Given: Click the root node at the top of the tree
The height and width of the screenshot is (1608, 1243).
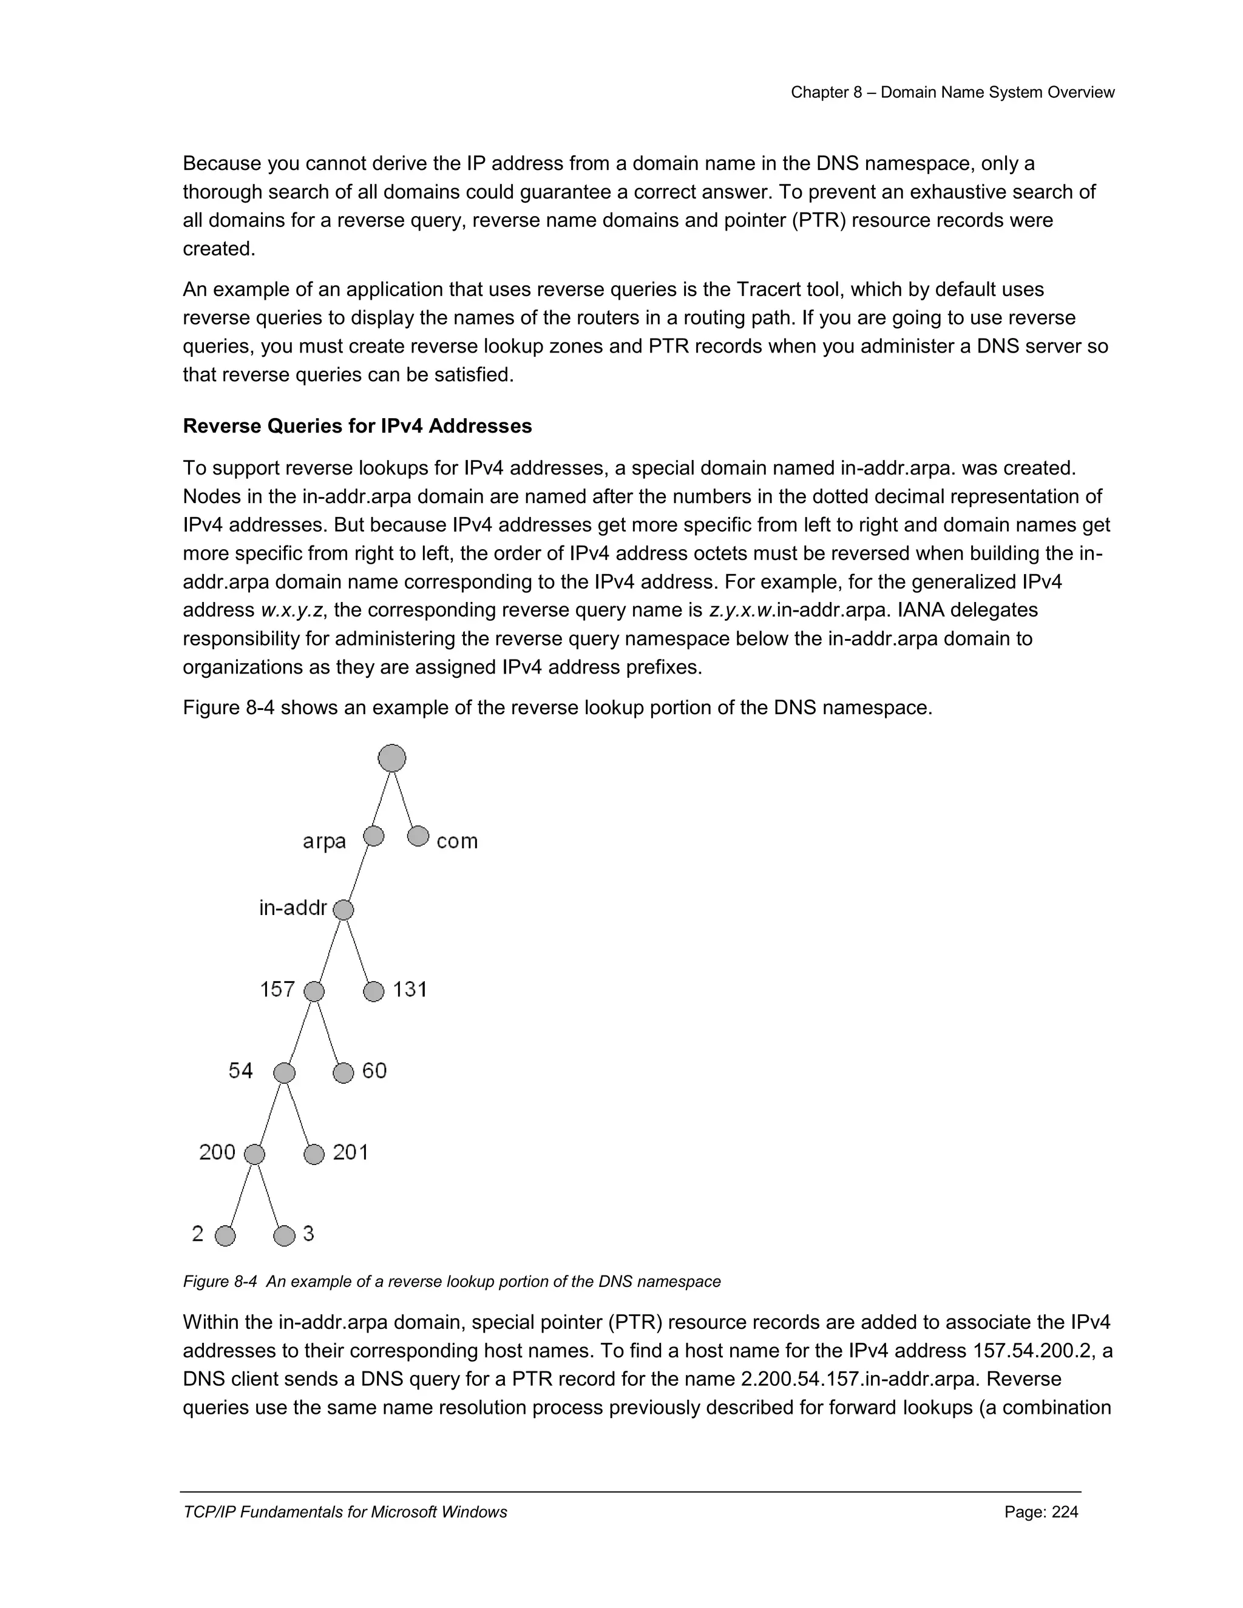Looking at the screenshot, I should click(x=391, y=758).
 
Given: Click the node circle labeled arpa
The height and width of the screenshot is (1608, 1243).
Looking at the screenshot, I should click(x=374, y=836).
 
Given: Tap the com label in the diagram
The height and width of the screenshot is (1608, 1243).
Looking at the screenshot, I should click(x=456, y=841).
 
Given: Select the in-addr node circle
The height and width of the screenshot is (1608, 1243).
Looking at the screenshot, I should click(x=343, y=910).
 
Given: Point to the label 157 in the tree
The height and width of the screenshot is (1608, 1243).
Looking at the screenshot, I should click(x=277, y=990).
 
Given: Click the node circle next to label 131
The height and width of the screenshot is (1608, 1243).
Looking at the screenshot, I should click(x=374, y=991).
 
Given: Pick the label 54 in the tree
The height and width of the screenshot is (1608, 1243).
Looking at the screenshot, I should click(x=241, y=1070).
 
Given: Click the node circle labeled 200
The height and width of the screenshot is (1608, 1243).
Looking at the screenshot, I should click(x=254, y=1155).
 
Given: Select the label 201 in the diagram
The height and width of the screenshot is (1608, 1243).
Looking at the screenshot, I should click(x=351, y=1152).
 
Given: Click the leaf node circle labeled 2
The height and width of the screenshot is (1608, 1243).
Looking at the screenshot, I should click(x=225, y=1235).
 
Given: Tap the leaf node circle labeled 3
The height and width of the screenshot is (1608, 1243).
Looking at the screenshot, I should click(x=284, y=1235).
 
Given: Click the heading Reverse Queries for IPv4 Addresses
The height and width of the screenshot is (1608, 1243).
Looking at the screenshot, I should click(x=357, y=427).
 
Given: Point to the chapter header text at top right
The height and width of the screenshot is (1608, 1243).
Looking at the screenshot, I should click(x=952, y=93).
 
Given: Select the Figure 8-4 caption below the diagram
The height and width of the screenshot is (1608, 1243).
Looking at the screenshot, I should click(x=452, y=1282).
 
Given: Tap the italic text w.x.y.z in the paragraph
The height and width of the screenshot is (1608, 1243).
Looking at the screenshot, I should click(x=291, y=610).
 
